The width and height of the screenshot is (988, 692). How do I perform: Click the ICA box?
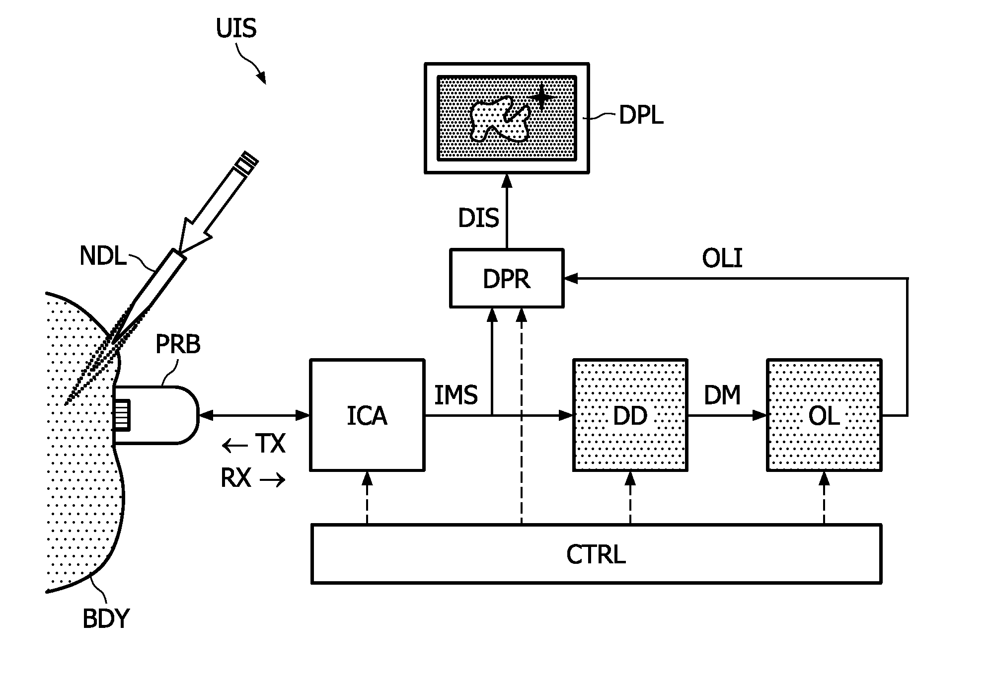pos(367,415)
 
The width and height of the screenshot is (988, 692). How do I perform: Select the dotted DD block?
pos(630,415)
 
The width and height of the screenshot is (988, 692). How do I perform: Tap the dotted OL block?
pos(824,415)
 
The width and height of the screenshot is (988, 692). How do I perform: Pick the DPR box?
pos(507,279)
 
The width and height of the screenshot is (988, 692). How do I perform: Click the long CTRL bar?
pos(596,553)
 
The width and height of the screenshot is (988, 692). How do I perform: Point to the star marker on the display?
pos(541,96)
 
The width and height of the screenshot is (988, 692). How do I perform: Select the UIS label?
pos(236,28)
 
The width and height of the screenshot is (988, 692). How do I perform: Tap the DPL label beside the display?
pos(641,116)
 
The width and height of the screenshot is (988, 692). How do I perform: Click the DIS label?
pos(478,218)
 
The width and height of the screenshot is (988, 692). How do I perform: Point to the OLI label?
pos(722,259)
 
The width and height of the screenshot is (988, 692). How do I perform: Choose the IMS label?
pos(456,395)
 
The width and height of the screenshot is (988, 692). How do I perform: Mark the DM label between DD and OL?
pos(722,395)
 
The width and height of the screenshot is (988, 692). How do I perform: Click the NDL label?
pos(103,256)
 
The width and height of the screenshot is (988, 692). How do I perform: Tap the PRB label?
pos(178,344)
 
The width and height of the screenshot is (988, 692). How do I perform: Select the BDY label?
pos(105,619)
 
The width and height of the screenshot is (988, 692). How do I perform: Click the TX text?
pos(270,444)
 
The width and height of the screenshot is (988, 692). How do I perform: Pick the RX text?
pos(236,478)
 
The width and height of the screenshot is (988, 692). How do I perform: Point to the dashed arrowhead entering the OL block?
pos(824,478)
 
